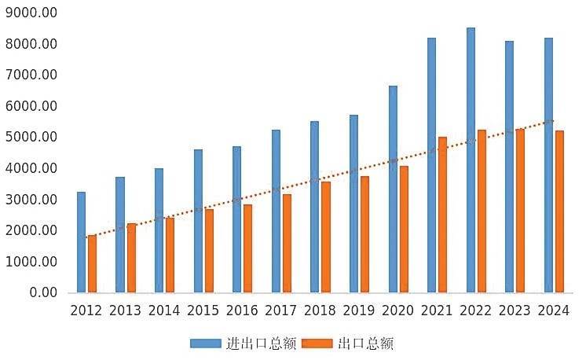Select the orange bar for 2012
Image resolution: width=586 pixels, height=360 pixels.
pos(92,263)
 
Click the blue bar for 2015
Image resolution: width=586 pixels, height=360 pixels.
pos(198,221)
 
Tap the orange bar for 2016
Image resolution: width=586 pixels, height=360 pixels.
pos(247,248)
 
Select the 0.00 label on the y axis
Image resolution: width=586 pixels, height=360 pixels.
pos(43,292)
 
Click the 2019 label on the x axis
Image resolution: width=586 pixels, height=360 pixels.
pos(359,310)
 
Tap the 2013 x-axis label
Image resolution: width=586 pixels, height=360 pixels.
pos(126,310)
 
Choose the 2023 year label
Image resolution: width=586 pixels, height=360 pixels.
pos(515,310)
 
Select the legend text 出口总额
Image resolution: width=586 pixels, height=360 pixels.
pos(365,343)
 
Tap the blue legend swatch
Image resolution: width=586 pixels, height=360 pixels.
pos(205,343)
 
